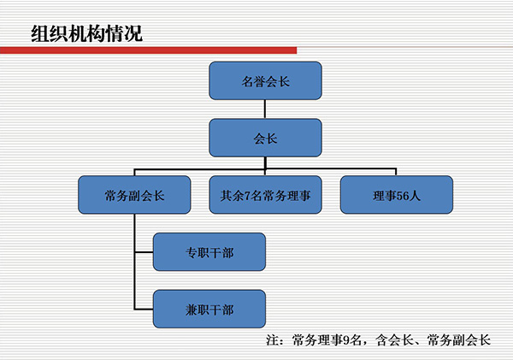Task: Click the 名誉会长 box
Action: click(265, 80)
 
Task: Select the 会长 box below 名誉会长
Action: click(265, 138)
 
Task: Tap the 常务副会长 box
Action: click(134, 195)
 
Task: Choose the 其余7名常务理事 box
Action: click(265, 195)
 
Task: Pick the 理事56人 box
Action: click(397, 195)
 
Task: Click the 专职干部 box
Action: click(209, 252)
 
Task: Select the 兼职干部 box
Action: click(209, 309)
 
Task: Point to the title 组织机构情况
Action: click(87, 33)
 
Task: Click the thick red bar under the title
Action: click(148, 50)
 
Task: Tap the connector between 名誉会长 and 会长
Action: click(265, 109)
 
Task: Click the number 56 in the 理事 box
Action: click(403, 196)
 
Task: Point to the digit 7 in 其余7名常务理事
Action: click(247, 196)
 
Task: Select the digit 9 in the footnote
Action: click(345, 340)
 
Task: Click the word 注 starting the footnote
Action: click(273, 340)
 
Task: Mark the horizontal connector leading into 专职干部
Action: click(144, 252)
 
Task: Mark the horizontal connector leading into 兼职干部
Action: click(144, 309)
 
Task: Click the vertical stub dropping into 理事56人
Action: click(396, 172)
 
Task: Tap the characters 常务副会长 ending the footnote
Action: click(459, 340)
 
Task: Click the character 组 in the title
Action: click(40, 33)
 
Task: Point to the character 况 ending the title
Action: click(134, 33)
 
